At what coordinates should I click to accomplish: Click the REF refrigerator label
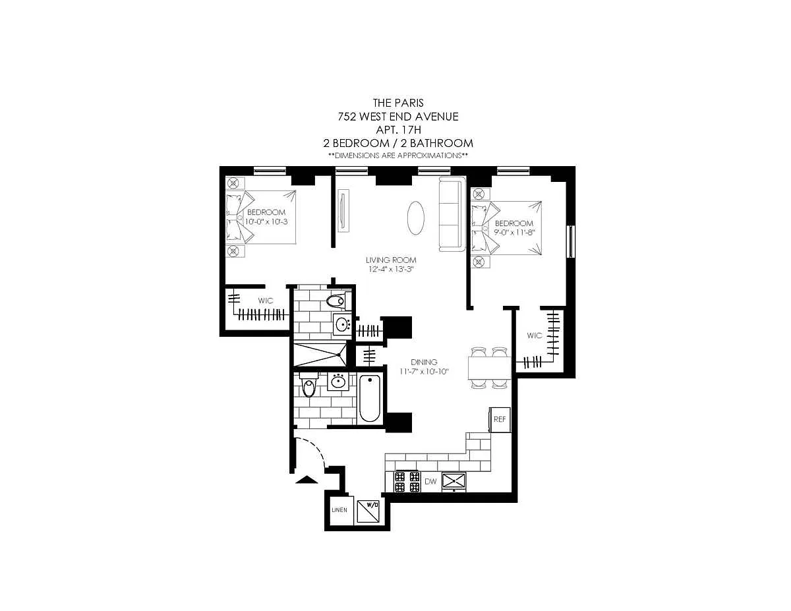pyautogui.click(x=500, y=419)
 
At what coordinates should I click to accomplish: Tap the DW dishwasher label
pyautogui.click(x=430, y=481)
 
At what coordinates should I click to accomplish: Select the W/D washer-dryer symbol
pyautogui.click(x=368, y=511)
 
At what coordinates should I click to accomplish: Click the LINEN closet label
pyautogui.click(x=339, y=510)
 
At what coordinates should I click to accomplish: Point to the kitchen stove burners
pyautogui.click(x=407, y=482)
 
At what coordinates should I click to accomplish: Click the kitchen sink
pyautogui.click(x=454, y=482)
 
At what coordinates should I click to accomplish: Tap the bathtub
pyautogui.click(x=370, y=399)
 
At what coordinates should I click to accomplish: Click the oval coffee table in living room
pyautogui.click(x=415, y=218)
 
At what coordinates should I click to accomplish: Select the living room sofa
pyautogui.click(x=452, y=214)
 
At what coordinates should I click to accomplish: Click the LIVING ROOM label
pyautogui.click(x=391, y=260)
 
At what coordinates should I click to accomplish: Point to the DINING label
pyautogui.click(x=424, y=362)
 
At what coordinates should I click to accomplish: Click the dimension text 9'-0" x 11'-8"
pyautogui.click(x=514, y=233)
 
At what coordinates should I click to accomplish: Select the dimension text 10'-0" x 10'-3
pyautogui.click(x=266, y=221)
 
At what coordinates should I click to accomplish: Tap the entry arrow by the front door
pyautogui.click(x=307, y=480)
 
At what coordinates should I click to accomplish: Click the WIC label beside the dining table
pyautogui.click(x=534, y=335)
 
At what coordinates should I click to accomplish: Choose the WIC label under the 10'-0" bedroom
pyautogui.click(x=266, y=301)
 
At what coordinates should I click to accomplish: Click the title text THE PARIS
pyautogui.click(x=398, y=103)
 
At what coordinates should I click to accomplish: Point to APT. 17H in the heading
pyautogui.click(x=399, y=130)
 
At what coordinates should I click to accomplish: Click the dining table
pyautogui.click(x=490, y=368)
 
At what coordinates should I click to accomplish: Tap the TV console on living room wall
pyautogui.click(x=343, y=210)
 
